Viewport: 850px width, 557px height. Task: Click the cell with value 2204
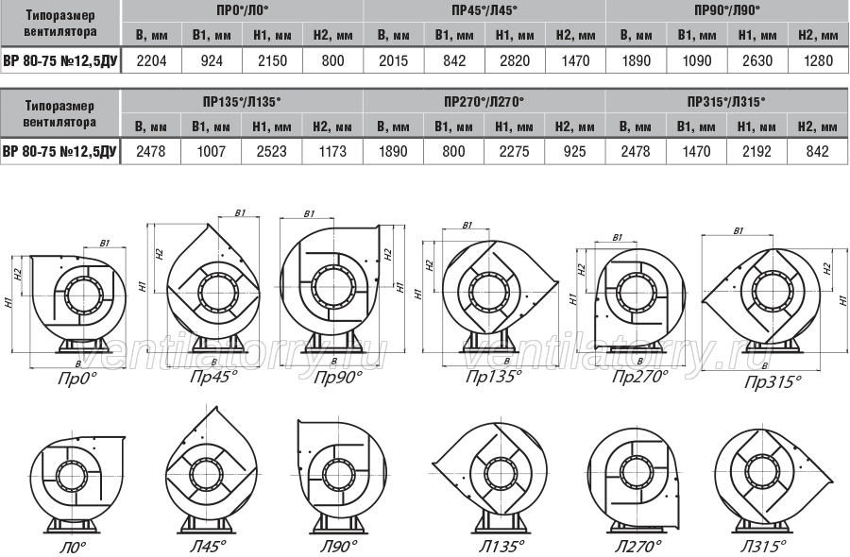(x=151, y=60)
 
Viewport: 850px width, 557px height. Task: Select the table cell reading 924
(x=212, y=60)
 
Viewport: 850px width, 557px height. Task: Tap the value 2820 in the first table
(x=515, y=60)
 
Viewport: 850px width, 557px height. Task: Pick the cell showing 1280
(x=818, y=60)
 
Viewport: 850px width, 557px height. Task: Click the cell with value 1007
(x=212, y=151)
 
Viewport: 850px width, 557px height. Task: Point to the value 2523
(x=272, y=151)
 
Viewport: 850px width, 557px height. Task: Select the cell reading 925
(x=574, y=151)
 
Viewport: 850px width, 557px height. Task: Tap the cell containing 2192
(x=756, y=151)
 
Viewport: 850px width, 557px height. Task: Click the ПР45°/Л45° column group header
(x=484, y=10)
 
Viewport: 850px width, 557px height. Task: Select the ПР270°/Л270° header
(x=484, y=101)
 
